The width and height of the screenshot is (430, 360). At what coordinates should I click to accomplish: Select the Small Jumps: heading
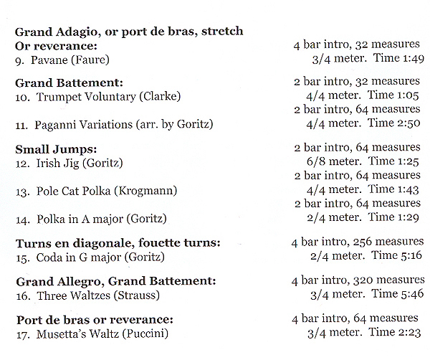pos(53,149)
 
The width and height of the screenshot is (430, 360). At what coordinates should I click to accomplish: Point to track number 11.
pos(21,125)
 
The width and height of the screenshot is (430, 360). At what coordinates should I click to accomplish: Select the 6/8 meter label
pos(321,161)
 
